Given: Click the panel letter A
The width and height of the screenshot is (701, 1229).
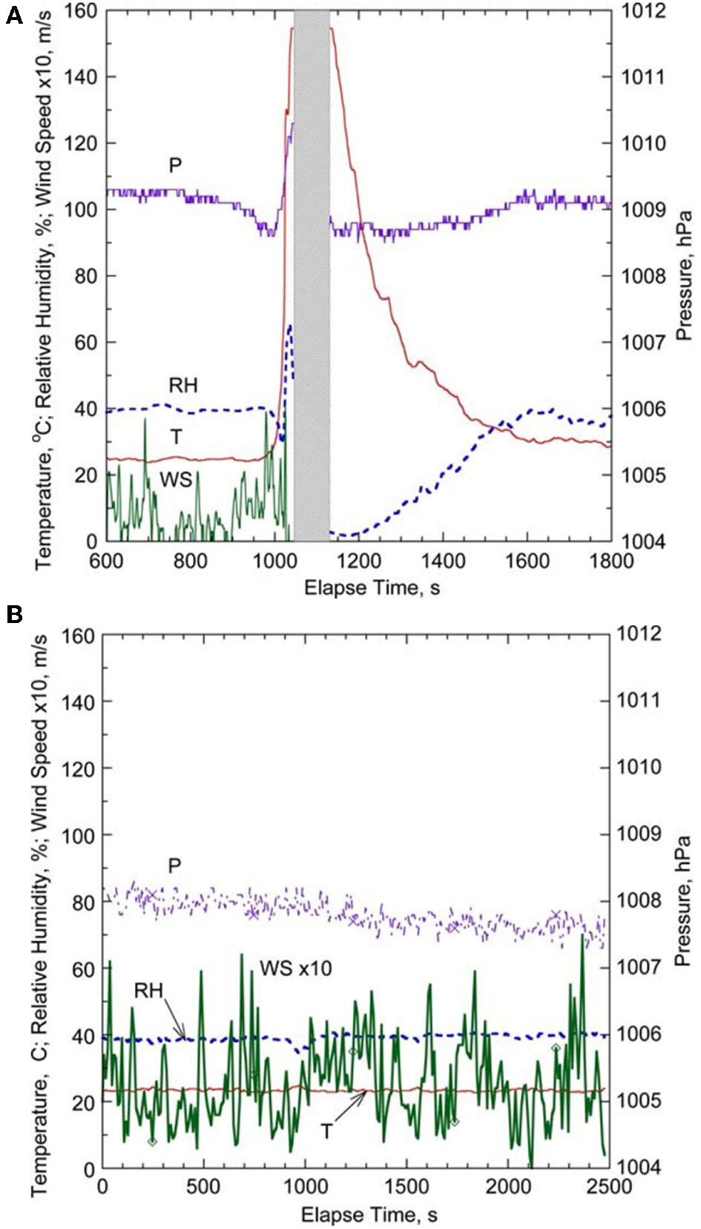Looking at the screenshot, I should tap(14, 16).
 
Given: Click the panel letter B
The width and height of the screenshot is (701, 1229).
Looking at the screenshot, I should tap(14, 614).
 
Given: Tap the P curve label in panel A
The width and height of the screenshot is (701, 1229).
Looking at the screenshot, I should tap(175, 165).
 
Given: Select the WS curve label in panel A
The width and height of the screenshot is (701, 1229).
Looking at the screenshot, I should tap(176, 480).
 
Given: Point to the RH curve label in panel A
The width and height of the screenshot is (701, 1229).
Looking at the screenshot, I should tap(183, 385).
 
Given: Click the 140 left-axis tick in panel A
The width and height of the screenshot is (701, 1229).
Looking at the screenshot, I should tap(80, 76).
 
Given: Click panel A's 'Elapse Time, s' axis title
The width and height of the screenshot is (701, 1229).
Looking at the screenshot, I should tap(371, 588).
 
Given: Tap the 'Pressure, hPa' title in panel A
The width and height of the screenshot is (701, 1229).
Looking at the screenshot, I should tap(683, 274).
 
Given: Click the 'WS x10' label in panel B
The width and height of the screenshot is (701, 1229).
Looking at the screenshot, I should tap(295, 968).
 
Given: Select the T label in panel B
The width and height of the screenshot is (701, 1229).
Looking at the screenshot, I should tap(326, 1131).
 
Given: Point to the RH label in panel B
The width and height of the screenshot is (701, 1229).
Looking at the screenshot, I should tap(148, 991).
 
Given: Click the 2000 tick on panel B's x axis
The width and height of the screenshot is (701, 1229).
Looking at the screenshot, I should tap(508, 1187).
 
